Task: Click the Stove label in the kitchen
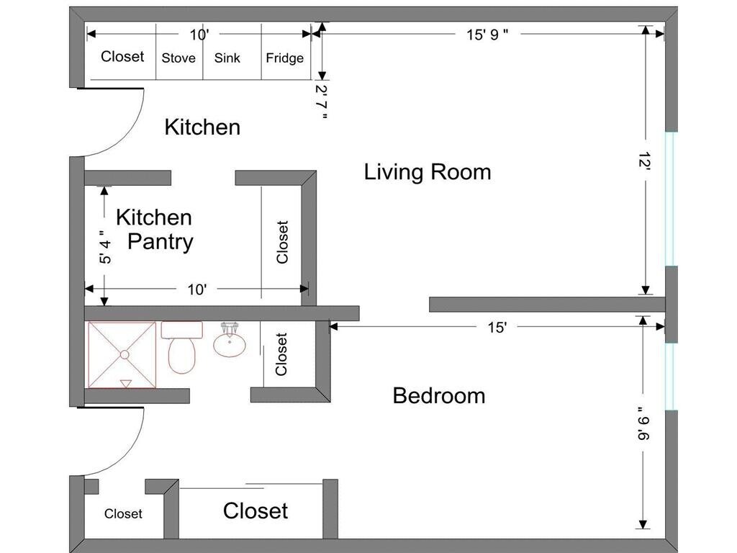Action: pos(178,58)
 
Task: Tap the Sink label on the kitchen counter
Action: pos(227,58)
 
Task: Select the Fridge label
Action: pos(285,58)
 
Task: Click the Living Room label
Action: pos(428,171)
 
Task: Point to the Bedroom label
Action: pos(439,395)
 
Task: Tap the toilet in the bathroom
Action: pos(181,347)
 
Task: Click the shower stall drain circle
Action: pos(125,354)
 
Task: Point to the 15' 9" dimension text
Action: pos(487,35)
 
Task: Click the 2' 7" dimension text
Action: pos(322,102)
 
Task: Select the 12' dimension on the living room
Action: pos(644,161)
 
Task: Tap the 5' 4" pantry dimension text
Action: pos(106,246)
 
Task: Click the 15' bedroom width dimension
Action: pos(497,328)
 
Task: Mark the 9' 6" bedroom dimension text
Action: pos(643,423)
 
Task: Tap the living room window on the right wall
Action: pos(672,199)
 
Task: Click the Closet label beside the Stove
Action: pos(122,56)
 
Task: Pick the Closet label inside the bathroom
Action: pos(281,354)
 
